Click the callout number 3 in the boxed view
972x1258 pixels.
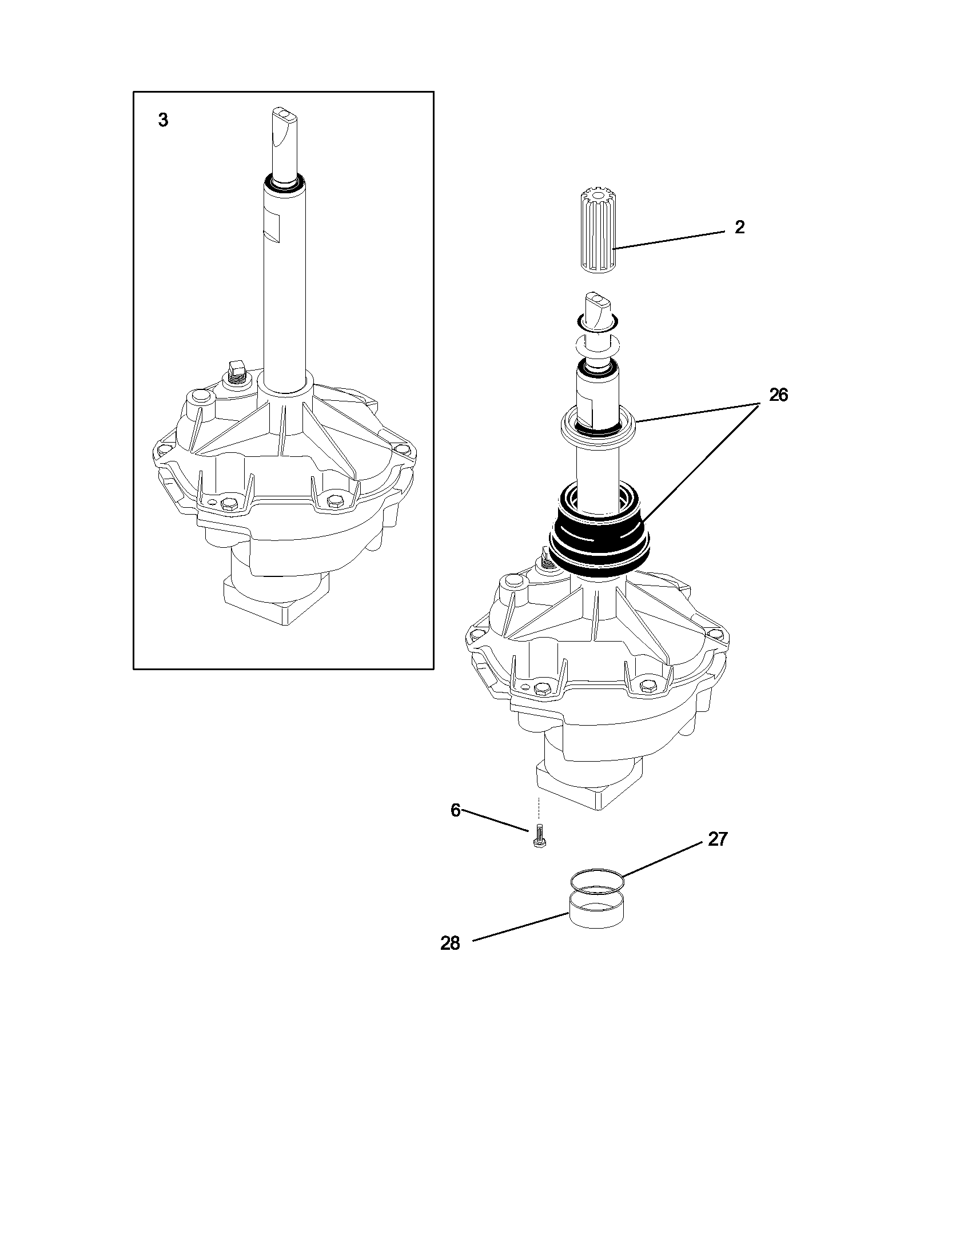pyautogui.click(x=164, y=121)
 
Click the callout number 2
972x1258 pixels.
pyautogui.click(x=740, y=228)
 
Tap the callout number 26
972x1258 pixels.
pyautogui.click(x=779, y=396)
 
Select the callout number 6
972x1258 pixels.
pyautogui.click(x=456, y=811)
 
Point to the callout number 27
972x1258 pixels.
pyautogui.click(x=718, y=840)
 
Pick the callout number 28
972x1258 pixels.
pyautogui.click(x=451, y=943)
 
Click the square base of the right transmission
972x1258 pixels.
pyautogui.click(x=587, y=786)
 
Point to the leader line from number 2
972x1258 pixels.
pyautogui.click(x=668, y=240)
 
